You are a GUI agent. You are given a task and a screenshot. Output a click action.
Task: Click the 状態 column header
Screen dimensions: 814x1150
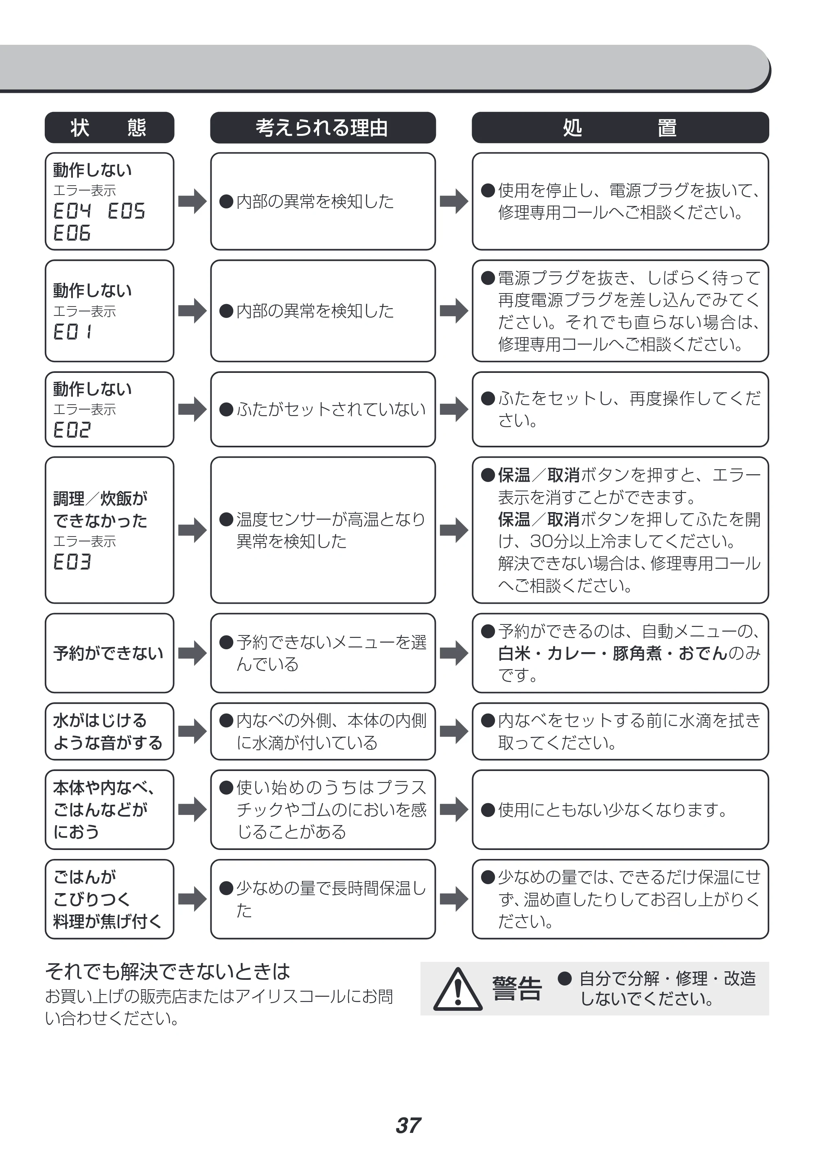point(109,127)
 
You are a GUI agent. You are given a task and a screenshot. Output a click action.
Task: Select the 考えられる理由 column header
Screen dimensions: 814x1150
point(323,127)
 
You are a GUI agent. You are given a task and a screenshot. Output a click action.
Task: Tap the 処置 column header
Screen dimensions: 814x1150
point(620,127)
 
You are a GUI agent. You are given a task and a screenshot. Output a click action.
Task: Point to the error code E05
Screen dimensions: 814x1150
point(126,211)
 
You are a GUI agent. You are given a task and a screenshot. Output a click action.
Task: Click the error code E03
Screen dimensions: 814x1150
point(72,562)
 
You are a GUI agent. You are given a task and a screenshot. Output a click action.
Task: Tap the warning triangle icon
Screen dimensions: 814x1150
point(457,989)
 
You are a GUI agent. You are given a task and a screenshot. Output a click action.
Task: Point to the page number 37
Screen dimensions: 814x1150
point(408,1126)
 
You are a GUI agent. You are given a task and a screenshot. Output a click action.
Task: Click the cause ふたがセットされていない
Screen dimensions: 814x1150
point(331,410)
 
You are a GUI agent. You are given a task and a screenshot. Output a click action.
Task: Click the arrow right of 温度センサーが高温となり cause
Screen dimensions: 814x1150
point(454,530)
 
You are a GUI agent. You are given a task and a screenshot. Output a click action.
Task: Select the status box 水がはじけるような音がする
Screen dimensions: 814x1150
point(109,732)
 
